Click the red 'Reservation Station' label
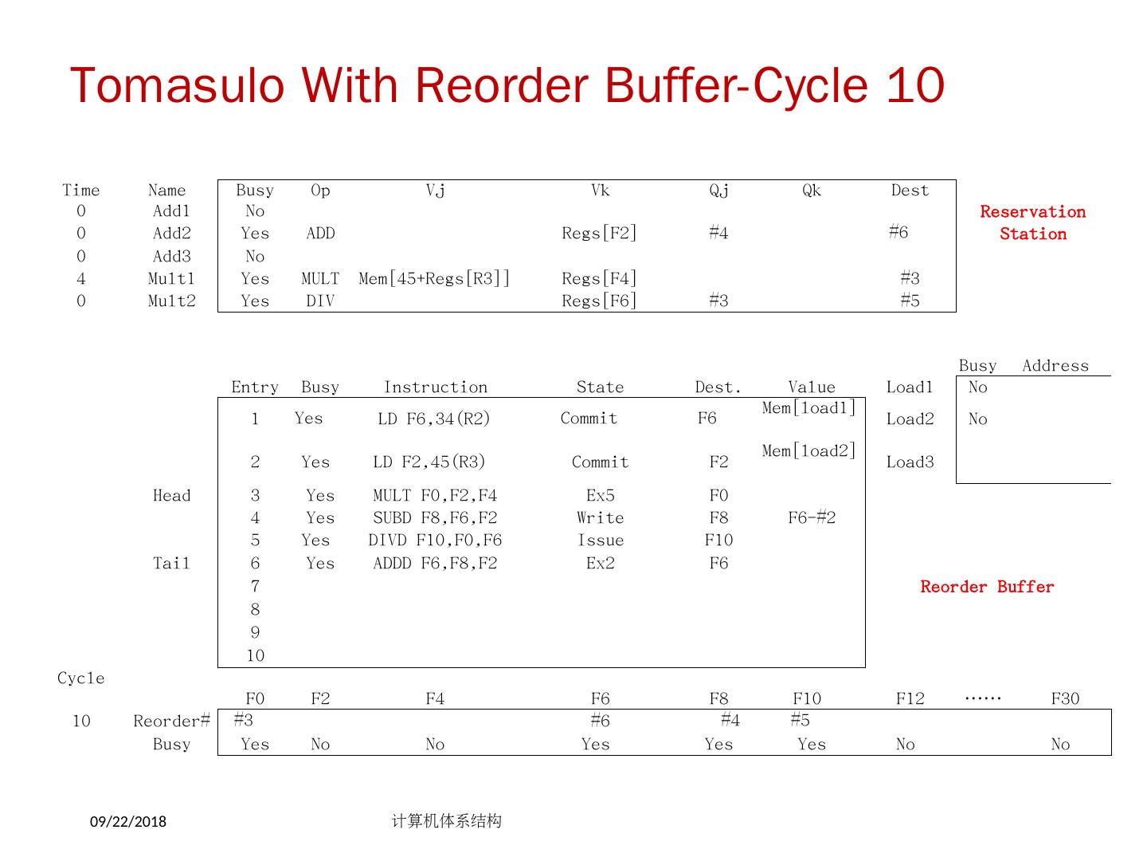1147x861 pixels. pos(1032,222)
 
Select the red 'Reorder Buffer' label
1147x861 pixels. pos(987,587)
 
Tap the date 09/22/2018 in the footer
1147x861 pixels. pos(128,821)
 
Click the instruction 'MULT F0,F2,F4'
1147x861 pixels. pos(435,495)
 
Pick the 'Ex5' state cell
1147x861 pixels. pos(600,495)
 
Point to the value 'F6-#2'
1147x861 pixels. pos(812,517)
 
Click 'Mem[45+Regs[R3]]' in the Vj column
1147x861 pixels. pos(434,278)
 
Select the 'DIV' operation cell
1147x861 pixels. pos(320,301)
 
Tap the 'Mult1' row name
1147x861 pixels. pos(171,278)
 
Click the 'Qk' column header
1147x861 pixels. pos(811,190)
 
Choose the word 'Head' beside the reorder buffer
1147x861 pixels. pos(171,495)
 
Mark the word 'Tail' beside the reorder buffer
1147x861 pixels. pos(171,563)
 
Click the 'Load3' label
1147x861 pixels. pos(910,462)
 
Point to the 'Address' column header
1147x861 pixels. pos(1055,365)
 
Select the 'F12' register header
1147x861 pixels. pos(910,698)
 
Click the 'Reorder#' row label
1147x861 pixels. pos(171,721)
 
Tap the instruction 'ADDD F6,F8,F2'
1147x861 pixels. pos(435,563)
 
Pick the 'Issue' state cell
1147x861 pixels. pos(600,540)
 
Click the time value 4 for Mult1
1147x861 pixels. pos(81,278)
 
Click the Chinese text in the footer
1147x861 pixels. pos(446,820)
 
